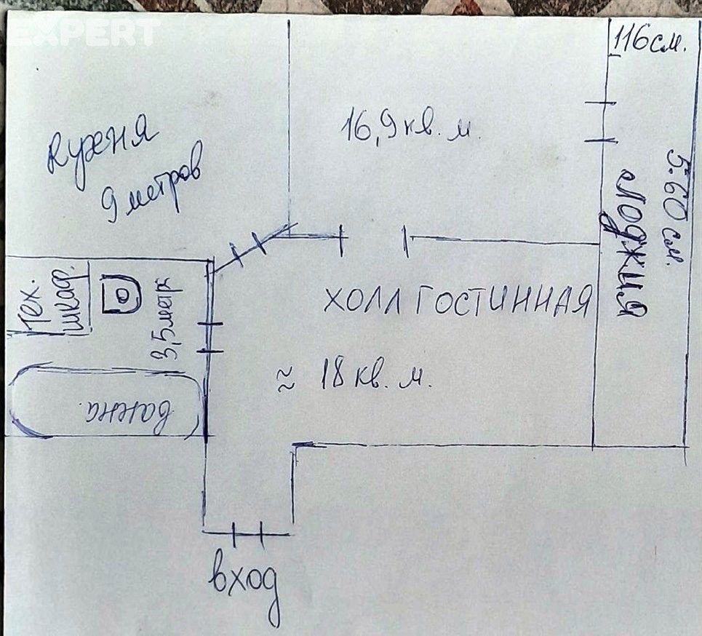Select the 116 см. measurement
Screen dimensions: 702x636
point(650,40)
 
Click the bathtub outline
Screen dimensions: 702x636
point(105,402)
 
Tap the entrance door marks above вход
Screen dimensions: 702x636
point(247,534)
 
